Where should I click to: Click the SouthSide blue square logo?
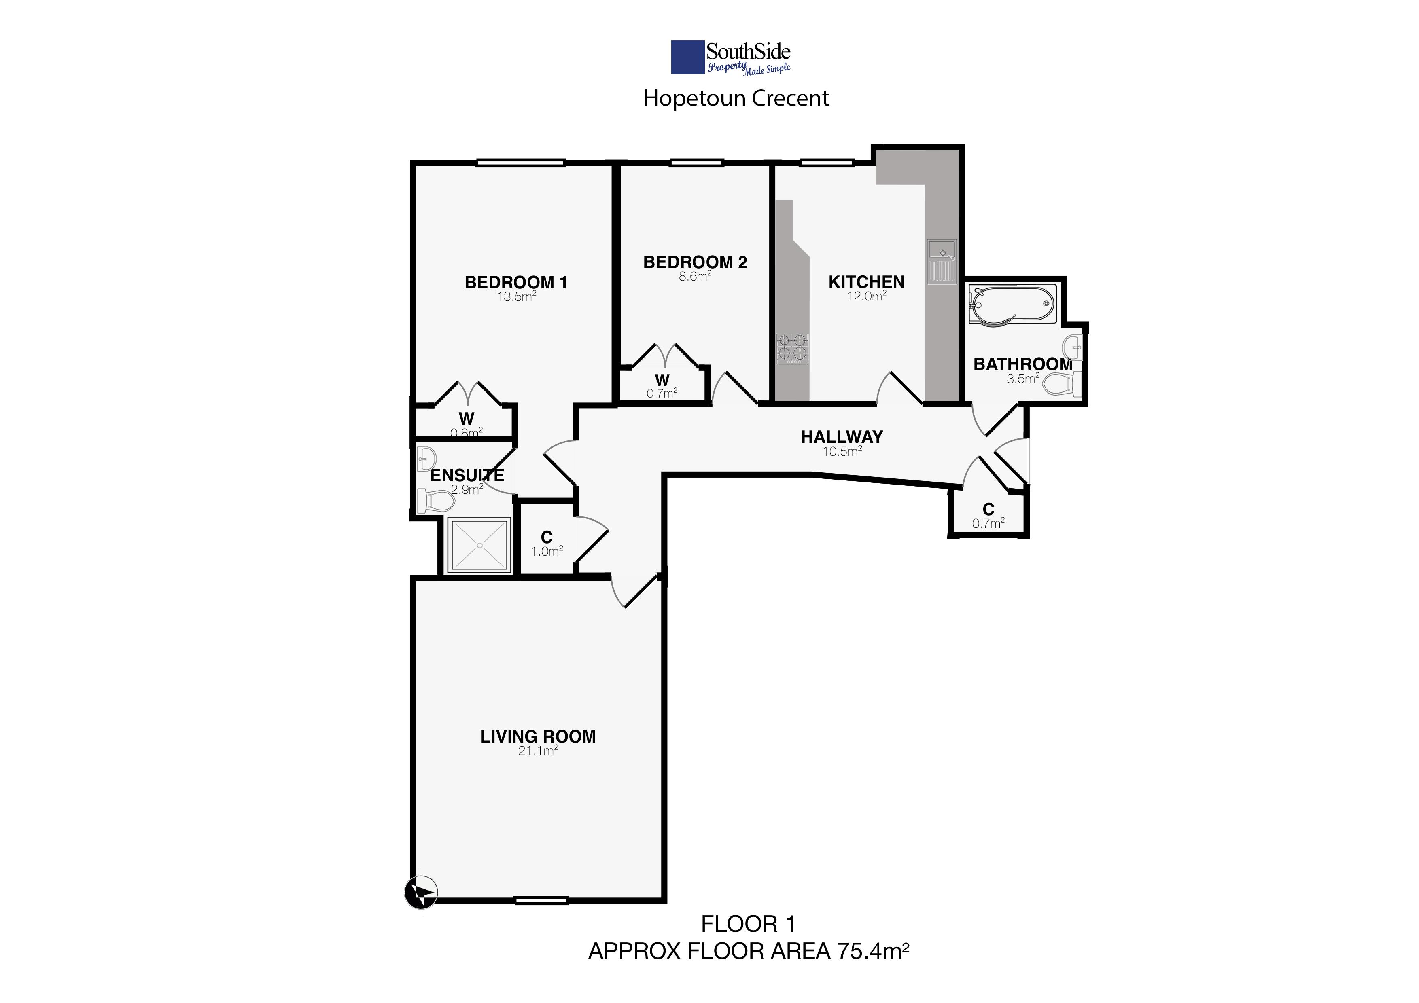pyautogui.click(x=688, y=57)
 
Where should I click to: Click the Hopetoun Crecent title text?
pyautogui.click(x=736, y=98)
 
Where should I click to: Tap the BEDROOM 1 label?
pyautogui.click(x=515, y=282)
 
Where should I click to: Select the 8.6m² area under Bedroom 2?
pyautogui.click(x=695, y=276)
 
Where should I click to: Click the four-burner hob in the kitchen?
pyautogui.click(x=792, y=348)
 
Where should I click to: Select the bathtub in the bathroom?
pyautogui.click(x=1012, y=303)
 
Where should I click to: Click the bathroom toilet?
pyautogui.click(x=1062, y=383)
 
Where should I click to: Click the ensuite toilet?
pyautogui.click(x=435, y=500)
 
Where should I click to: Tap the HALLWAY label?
pyautogui.click(x=842, y=437)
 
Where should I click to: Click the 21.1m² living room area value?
pyautogui.click(x=538, y=751)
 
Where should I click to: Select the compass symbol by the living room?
pyautogui.click(x=421, y=893)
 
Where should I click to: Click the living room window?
pyautogui.click(x=541, y=901)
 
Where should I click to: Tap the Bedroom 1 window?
pyautogui.click(x=520, y=163)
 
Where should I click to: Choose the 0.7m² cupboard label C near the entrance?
pyautogui.click(x=988, y=510)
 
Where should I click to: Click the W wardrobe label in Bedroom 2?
pyautogui.click(x=662, y=380)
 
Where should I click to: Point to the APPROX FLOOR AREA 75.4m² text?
pyautogui.click(x=749, y=951)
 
